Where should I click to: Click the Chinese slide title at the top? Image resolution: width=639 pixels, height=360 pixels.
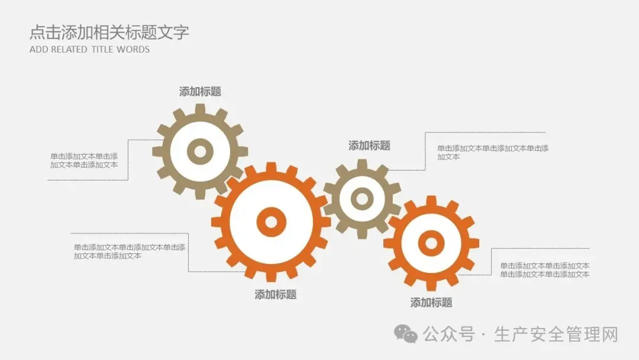tap(109, 32)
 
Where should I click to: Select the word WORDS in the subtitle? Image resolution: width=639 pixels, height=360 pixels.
tap(133, 50)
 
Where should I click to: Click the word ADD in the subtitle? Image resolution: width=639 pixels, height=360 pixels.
tap(38, 50)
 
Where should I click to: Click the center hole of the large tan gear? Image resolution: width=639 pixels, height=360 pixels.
tap(200, 152)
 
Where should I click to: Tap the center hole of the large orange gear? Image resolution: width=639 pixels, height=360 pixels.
tap(271, 222)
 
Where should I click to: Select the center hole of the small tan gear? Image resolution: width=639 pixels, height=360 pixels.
tap(362, 199)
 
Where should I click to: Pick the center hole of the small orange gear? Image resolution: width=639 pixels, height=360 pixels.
tap(431, 243)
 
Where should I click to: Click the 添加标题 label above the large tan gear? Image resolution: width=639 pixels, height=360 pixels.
tap(200, 92)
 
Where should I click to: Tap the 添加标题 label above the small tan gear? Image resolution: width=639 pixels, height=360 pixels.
tap(369, 146)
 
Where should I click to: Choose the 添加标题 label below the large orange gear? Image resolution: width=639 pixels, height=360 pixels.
tap(275, 294)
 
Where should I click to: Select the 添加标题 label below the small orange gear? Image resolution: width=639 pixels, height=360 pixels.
tap(431, 303)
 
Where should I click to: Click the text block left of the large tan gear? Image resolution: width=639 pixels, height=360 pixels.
tap(84, 160)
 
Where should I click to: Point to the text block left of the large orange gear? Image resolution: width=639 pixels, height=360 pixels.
tap(129, 252)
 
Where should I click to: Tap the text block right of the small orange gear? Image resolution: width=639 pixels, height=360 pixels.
tap(544, 270)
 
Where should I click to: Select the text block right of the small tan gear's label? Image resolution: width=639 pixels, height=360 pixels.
tap(493, 152)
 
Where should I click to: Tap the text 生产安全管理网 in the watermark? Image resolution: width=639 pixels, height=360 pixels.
tap(556, 335)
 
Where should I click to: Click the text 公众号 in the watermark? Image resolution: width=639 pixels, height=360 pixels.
tap(449, 335)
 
